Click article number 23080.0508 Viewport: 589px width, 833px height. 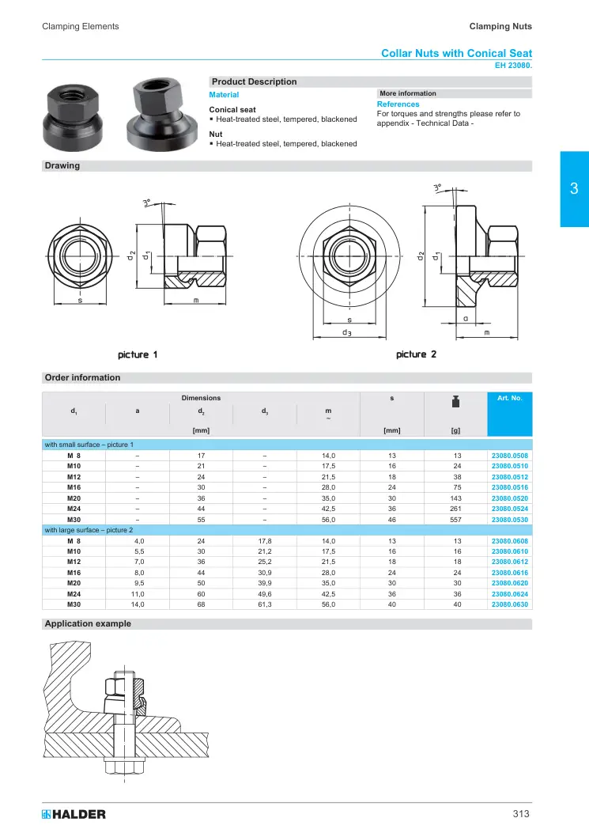coord(509,456)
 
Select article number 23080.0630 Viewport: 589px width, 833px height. coord(509,604)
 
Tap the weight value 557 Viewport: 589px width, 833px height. coord(455,520)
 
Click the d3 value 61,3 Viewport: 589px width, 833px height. coord(265,604)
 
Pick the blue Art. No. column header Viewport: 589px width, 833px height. coord(509,414)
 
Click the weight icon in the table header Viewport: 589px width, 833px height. coord(455,402)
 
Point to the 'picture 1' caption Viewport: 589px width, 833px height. coord(138,354)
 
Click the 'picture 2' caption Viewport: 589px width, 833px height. coord(416,354)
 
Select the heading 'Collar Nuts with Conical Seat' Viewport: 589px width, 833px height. coord(456,53)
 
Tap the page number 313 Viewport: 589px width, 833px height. coord(521,813)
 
